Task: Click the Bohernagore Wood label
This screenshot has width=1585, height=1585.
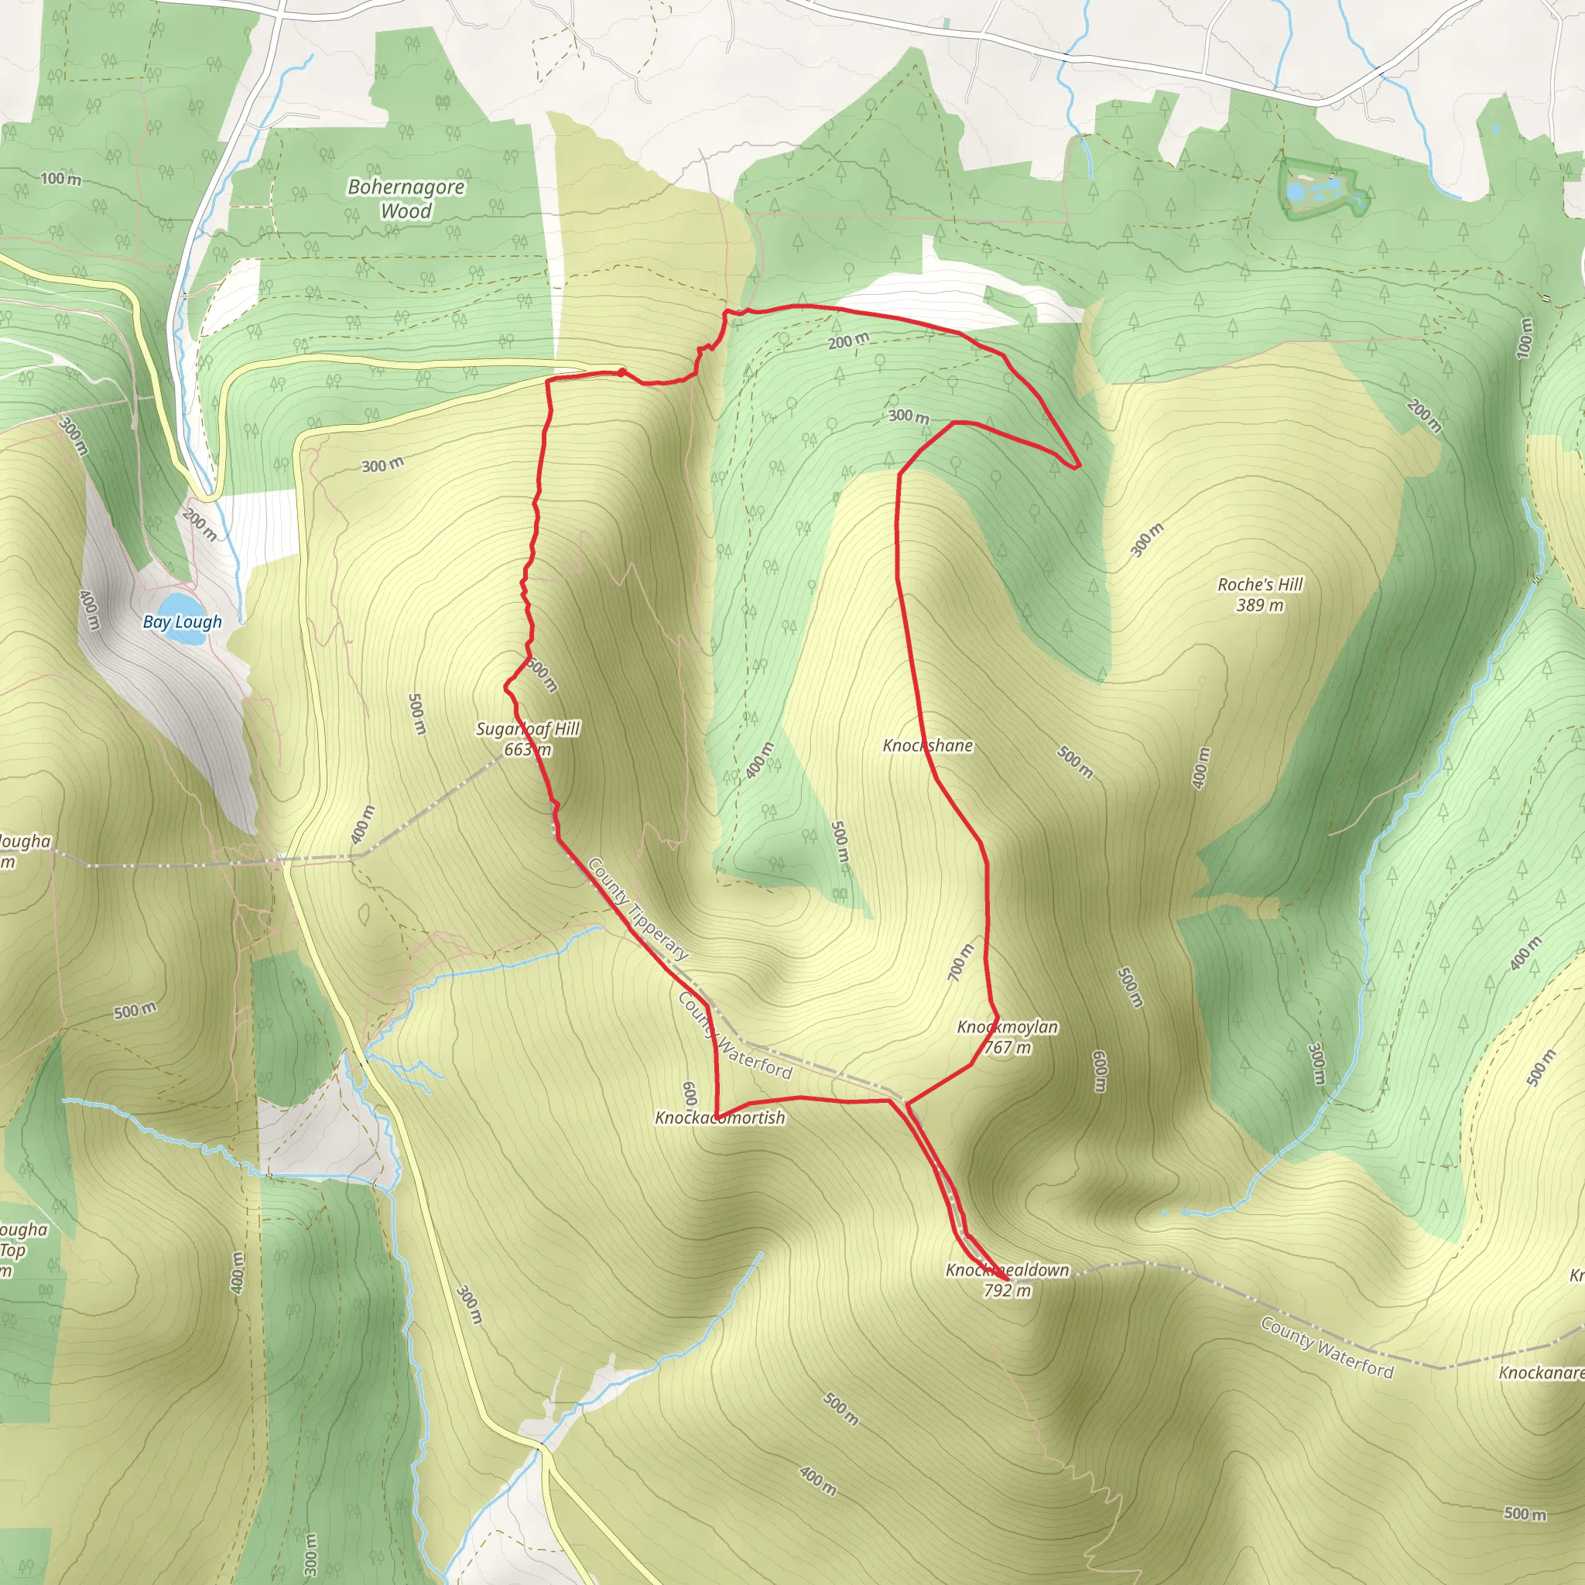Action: (406, 199)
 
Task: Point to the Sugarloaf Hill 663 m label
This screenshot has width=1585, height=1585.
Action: (528, 738)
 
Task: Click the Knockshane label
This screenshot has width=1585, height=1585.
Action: (928, 745)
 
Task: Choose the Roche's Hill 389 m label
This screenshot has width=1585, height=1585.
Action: (1260, 594)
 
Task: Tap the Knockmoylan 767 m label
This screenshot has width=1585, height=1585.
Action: (1008, 1037)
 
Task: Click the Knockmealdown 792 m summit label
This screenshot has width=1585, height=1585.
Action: (1008, 1280)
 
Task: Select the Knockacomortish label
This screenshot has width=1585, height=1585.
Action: (720, 1118)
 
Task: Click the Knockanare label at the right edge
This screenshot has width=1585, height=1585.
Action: (1541, 1372)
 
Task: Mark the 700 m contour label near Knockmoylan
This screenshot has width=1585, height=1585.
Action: (960, 961)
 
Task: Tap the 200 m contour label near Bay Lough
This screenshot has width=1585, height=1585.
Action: (200, 524)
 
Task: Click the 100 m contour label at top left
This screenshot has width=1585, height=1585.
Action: (60, 178)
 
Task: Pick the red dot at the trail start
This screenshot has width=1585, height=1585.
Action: (622, 373)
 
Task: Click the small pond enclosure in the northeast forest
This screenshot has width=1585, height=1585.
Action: (1323, 190)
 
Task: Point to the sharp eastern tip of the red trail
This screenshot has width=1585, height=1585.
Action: (1078, 465)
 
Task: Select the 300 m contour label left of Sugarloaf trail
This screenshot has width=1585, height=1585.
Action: (382, 465)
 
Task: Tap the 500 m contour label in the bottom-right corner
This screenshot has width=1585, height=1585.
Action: (1525, 1514)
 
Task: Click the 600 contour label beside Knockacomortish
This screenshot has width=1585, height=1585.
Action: (689, 1094)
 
